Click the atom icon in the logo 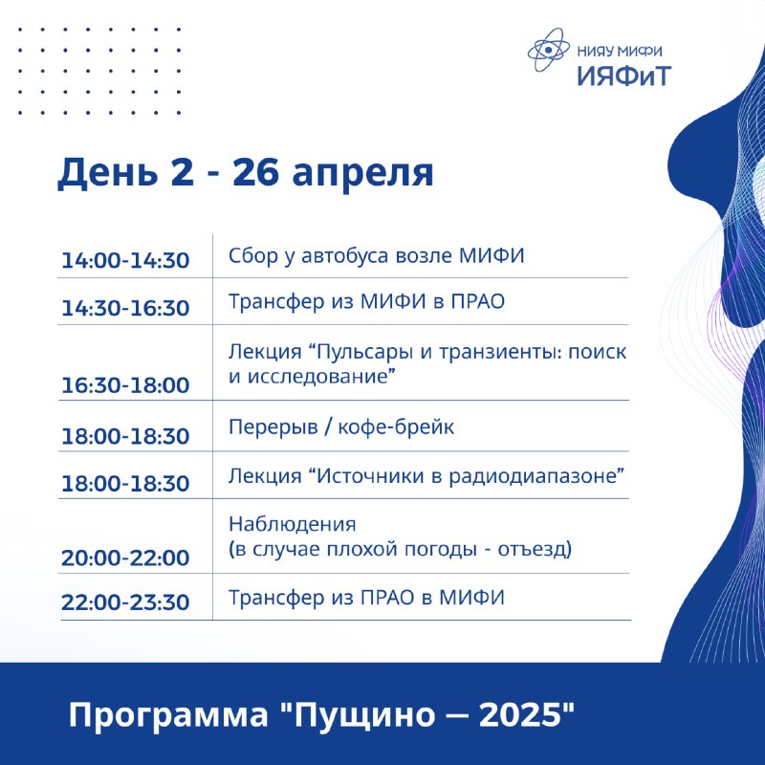pos(548,50)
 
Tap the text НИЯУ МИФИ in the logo pos(620,52)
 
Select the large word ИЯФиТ pos(624,76)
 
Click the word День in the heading pos(108,173)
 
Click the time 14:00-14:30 pos(125,260)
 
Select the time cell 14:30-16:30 pos(125,308)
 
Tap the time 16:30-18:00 pos(125,385)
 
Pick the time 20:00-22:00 pos(125,557)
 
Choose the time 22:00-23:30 pos(125,602)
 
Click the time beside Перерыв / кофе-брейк pos(125,436)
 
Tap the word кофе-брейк pos(396,426)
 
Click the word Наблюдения pos(293,524)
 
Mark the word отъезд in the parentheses pos(535,550)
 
